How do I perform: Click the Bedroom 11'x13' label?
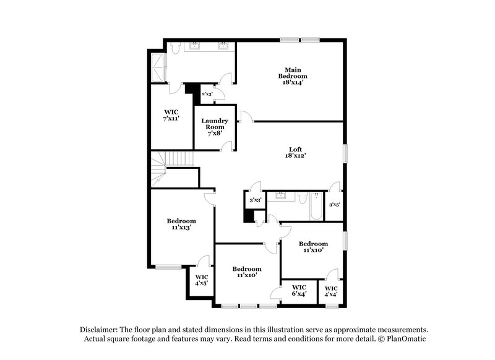tap(181, 224)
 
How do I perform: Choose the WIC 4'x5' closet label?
tap(202, 280)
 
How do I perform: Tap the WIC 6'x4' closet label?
tap(299, 290)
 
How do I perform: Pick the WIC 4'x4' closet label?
tap(331, 291)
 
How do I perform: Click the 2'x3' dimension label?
tap(207, 94)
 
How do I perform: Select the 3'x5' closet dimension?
tap(334, 204)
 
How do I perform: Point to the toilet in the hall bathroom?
tap(301, 197)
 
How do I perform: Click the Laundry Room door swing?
tap(228, 146)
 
